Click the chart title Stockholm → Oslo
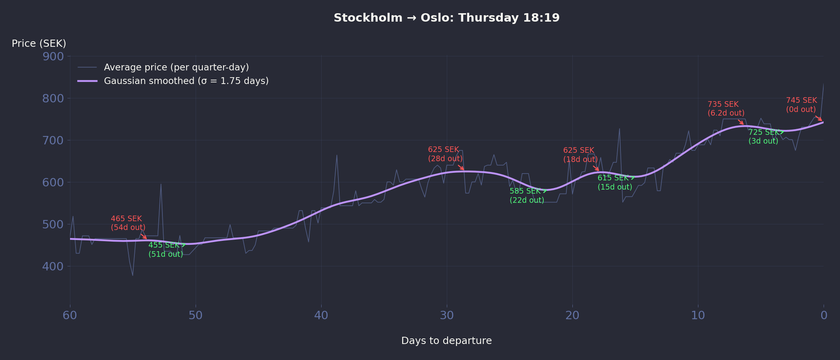tap(446, 18)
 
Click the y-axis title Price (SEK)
tap(39, 44)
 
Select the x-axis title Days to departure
tap(446, 341)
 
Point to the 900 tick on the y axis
tap(53, 56)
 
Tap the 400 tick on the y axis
tap(53, 266)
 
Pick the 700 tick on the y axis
tap(53, 140)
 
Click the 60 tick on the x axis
tap(70, 316)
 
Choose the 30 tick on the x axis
tap(447, 316)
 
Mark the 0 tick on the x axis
tap(824, 316)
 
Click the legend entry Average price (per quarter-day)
tap(176, 67)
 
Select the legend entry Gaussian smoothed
tap(186, 81)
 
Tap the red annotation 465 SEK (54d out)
tap(128, 223)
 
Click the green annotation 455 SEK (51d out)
tap(165, 250)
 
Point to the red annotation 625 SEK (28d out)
tap(445, 154)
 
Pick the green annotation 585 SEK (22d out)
tap(526, 196)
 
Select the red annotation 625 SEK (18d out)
tap(580, 155)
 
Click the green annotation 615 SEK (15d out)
tap(614, 182)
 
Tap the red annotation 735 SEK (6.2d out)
tap(726, 109)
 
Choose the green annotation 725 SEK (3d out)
tap(763, 137)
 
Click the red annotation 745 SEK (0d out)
tap(801, 105)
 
